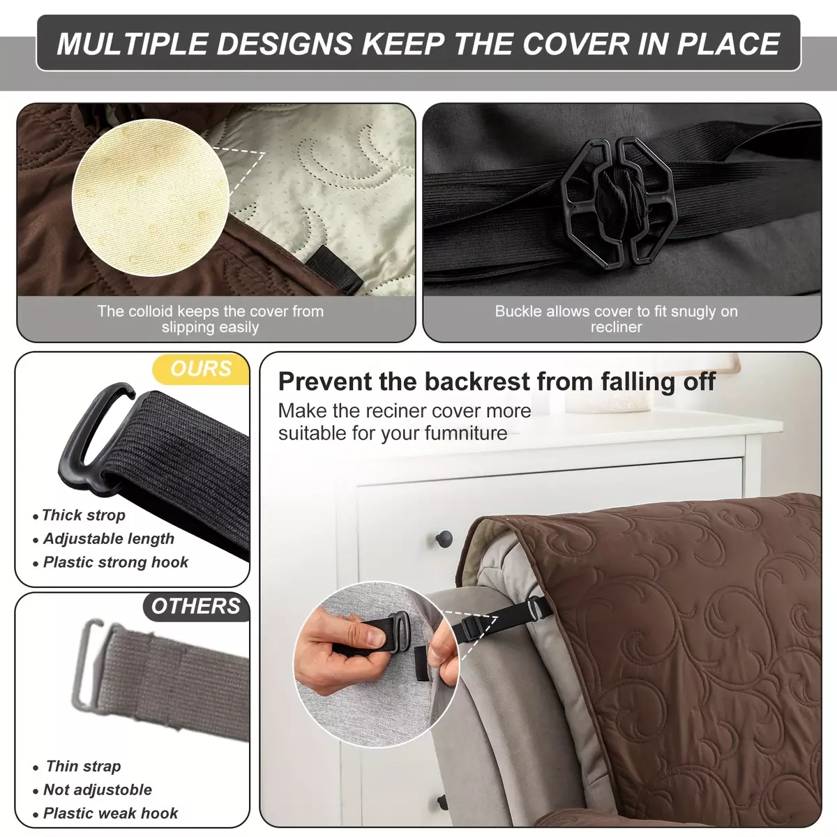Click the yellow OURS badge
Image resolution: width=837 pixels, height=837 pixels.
point(201,369)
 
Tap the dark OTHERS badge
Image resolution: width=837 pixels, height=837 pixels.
point(196,606)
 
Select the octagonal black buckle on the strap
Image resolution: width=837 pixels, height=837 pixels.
point(619,203)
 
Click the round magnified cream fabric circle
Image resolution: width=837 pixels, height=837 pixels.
point(151,197)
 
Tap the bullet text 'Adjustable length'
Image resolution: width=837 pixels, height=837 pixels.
point(109,538)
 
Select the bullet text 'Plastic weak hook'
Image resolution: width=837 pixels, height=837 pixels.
point(110,813)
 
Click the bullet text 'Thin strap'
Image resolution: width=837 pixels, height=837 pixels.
point(84,766)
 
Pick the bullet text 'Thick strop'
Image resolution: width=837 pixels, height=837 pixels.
point(84,515)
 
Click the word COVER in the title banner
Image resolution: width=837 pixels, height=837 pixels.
point(575,43)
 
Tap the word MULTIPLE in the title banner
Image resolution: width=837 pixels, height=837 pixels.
point(132,43)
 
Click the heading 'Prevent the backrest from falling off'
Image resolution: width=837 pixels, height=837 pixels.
point(497,382)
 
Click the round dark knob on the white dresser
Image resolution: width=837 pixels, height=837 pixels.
point(444,539)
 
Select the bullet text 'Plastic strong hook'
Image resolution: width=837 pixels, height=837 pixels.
point(116,562)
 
